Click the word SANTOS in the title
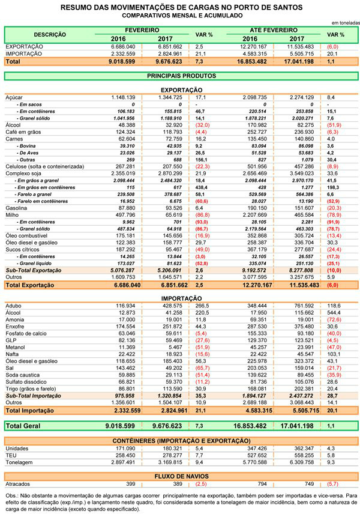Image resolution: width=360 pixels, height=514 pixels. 286,7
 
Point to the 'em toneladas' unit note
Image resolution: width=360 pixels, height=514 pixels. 346,23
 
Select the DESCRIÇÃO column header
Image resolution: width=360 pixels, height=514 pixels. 50,34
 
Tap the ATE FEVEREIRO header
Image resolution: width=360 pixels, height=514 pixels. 274,30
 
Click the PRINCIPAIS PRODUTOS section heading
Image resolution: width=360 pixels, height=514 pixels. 181,76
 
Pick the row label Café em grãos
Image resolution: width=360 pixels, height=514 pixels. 23,132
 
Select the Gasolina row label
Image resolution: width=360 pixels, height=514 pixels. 16,208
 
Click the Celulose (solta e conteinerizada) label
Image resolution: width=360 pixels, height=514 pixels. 45,166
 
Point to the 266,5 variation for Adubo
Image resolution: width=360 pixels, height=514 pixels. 202,306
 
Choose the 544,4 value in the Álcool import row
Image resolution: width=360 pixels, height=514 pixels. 334,313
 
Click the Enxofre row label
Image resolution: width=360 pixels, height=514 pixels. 15,327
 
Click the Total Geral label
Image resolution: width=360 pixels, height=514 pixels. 23,426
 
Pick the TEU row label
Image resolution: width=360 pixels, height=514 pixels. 11,455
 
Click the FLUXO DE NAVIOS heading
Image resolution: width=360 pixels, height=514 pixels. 181,476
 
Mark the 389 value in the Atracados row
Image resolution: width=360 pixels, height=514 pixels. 177,484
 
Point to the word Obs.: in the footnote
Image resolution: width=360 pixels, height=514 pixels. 12,495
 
